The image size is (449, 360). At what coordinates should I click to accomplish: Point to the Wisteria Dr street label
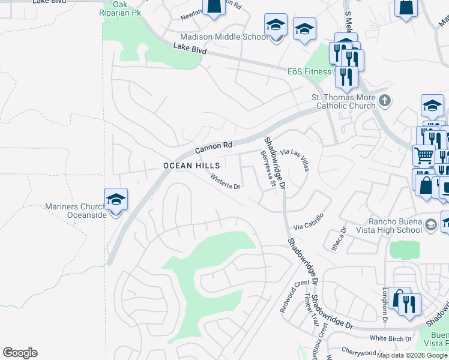[x=225, y=182]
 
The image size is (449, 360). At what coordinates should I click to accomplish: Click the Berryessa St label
[x=267, y=169]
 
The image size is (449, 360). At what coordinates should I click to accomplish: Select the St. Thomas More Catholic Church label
[x=342, y=101]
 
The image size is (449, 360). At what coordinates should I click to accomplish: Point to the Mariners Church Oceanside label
[x=74, y=211]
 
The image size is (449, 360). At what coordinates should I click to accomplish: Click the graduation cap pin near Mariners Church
[x=116, y=199]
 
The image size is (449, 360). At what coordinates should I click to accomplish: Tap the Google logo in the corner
[x=20, y=353]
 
